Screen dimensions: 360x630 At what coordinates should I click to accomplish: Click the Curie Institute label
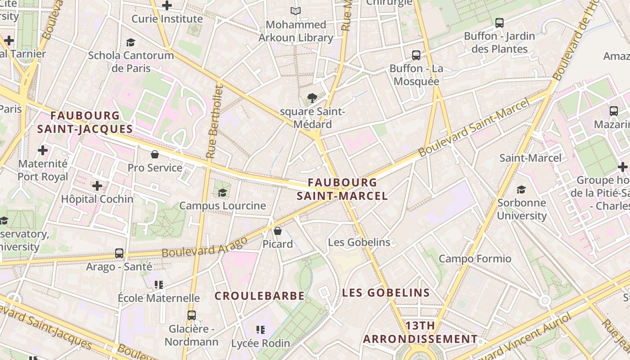pyautogui.click(x=167, y=19)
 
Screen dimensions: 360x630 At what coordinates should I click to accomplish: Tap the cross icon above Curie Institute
pyautogui.click(x=167, y=5)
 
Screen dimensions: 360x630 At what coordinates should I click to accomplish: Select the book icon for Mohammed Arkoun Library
pyautogui.click(x=295, y=11)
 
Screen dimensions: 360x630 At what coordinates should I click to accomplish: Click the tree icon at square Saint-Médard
pyautogui.click(x=312, y=98)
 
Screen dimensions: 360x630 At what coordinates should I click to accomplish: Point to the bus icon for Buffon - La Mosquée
pyautogui.click(x=416, y=55)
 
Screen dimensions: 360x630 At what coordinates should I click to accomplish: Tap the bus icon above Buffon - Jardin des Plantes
pyautogui.click(x=499, y=22)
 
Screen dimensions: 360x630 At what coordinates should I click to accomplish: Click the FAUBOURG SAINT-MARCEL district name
pyautogui.click(x=342, y=189)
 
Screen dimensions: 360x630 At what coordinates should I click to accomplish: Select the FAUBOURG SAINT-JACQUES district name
pyautogui.click(x=85, y=122)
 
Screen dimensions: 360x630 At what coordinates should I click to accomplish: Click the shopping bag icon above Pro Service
pyautogui.click(x=155, y=154)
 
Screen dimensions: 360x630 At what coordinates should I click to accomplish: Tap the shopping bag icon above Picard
pyautogui.click(x=278, y=231)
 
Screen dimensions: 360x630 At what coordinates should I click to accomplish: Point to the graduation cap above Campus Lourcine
pyautogui.click(x=222, y=193)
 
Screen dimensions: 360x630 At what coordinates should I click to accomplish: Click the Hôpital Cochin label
pyautogui.click(x=97, y=199)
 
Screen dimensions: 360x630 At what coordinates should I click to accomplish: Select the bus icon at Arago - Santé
pyautogui.click(x=119, y=253)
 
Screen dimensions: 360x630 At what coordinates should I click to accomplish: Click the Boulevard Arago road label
pyautogui.click(x=205, y=247)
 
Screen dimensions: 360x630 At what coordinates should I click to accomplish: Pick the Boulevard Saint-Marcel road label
pyautogui.click(x=475, y=128)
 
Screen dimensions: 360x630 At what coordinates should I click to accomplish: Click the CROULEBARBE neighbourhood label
pyautogui.click(x=259, y=296)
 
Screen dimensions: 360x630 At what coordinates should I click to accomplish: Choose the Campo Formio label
pyautogui.click(x=475, y=259)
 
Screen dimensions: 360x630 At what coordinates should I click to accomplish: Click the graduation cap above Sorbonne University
pyautogui.click(x=522, y=189)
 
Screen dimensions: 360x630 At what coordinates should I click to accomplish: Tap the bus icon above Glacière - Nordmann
pyautogui.click(x=192, y=315)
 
